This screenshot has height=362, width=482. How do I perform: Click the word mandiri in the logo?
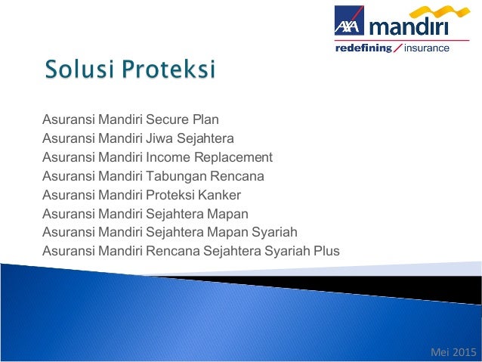click(409, 28)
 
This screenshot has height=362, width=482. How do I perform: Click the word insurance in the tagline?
click(427, 48)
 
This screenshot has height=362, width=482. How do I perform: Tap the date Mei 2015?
click(453, 351)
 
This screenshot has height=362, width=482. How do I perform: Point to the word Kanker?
click(220, 195)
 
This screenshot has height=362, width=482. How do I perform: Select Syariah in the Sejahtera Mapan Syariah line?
click(274, 232)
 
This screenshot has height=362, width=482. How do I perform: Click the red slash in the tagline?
click(397, 48)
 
